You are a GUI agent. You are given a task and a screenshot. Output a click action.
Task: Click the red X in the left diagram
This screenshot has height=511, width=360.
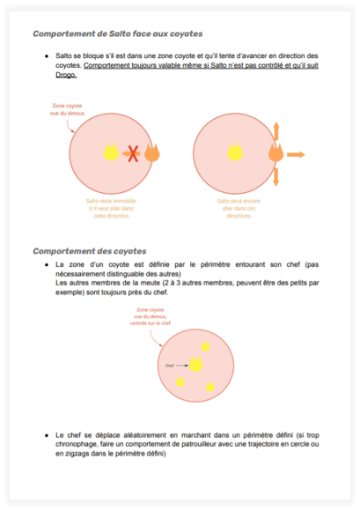point(133,154)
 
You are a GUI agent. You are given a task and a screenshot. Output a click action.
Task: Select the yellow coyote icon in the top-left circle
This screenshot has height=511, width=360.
point(111,152)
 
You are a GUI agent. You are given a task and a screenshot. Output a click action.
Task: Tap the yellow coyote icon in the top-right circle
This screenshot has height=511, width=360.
point(235,152)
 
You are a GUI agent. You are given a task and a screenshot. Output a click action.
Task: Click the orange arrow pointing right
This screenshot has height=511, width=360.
point(296,154)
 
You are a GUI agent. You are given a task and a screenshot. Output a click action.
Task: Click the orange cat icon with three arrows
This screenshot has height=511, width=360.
point(276,154)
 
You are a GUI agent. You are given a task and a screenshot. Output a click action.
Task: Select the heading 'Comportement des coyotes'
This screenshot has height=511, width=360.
point(89,250)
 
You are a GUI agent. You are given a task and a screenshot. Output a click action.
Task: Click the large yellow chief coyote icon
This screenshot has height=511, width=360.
point(195,364)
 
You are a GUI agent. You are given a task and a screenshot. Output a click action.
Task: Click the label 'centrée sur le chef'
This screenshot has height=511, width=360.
point(151,323)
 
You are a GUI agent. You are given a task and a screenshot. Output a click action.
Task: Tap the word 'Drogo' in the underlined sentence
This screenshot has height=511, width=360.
point(66,75)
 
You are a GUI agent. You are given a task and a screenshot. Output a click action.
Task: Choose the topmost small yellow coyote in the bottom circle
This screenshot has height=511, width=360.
point(206,346)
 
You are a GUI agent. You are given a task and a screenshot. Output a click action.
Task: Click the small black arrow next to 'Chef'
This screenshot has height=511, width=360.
point(181,364)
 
